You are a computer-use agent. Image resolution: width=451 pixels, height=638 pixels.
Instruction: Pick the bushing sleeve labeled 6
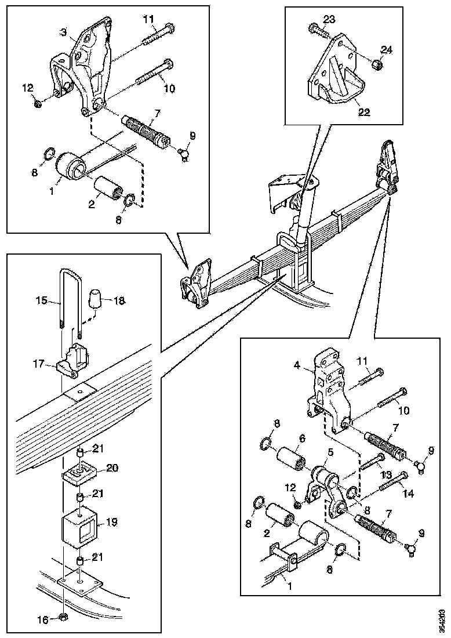click(291, 458)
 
